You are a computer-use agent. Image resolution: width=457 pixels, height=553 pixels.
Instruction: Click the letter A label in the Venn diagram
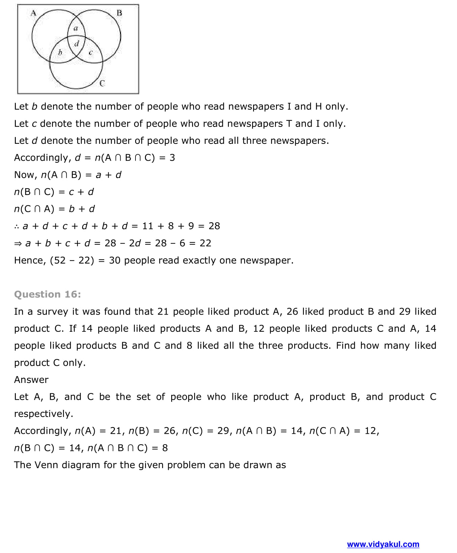33,13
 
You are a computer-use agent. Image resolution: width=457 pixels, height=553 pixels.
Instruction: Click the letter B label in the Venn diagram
119,13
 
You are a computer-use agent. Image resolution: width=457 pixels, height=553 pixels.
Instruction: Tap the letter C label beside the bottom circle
102,83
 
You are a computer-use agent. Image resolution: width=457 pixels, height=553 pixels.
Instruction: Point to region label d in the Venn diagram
77,43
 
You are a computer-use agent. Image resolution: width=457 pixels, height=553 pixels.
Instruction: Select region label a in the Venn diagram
76,29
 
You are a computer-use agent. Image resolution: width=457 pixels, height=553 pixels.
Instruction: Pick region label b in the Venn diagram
60,52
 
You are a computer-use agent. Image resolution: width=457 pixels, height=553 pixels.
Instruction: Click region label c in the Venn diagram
90,52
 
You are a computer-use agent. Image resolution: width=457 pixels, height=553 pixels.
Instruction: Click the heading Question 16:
48,294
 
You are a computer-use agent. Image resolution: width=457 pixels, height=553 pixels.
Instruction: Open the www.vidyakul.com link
383,544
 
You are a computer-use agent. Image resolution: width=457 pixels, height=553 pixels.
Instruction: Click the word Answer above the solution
31,380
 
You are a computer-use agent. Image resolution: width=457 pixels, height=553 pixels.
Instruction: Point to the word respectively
43,414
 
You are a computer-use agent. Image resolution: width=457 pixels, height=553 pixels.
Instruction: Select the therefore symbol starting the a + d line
17,226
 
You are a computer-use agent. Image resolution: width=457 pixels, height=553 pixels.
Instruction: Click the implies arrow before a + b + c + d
18,243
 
